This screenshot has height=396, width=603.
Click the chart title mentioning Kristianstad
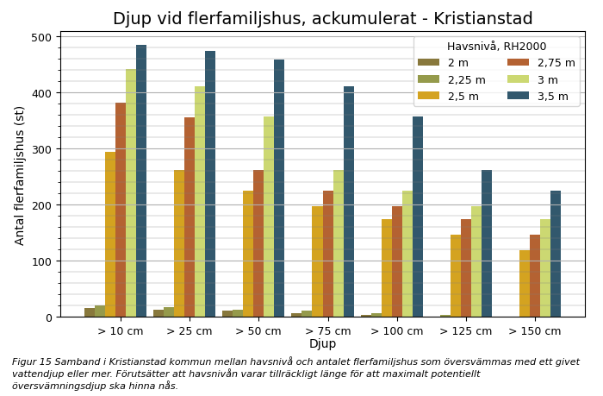(322, 19)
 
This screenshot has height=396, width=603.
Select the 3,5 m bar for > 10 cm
(141, 181)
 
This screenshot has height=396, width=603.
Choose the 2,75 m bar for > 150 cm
(535, 276)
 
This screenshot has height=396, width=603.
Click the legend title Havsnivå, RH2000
(496, 47)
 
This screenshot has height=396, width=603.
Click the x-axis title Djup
(322, 344)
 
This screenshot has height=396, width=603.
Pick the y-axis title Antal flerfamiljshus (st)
(20, 175)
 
